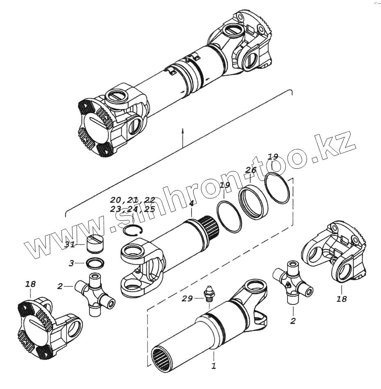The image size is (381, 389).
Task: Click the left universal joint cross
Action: [x=94, y=294]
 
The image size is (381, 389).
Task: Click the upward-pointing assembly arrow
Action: [x=183, y=135]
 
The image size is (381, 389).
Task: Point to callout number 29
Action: [x=187, y=299]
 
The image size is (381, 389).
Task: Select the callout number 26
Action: [x=251, y=170]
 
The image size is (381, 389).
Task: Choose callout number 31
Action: [x=70, y=245]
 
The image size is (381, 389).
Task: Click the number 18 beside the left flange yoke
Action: [x=30, y=284]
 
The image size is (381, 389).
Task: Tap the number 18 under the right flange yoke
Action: [x=341, y=299]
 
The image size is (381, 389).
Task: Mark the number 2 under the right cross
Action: [x=292, y=321]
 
